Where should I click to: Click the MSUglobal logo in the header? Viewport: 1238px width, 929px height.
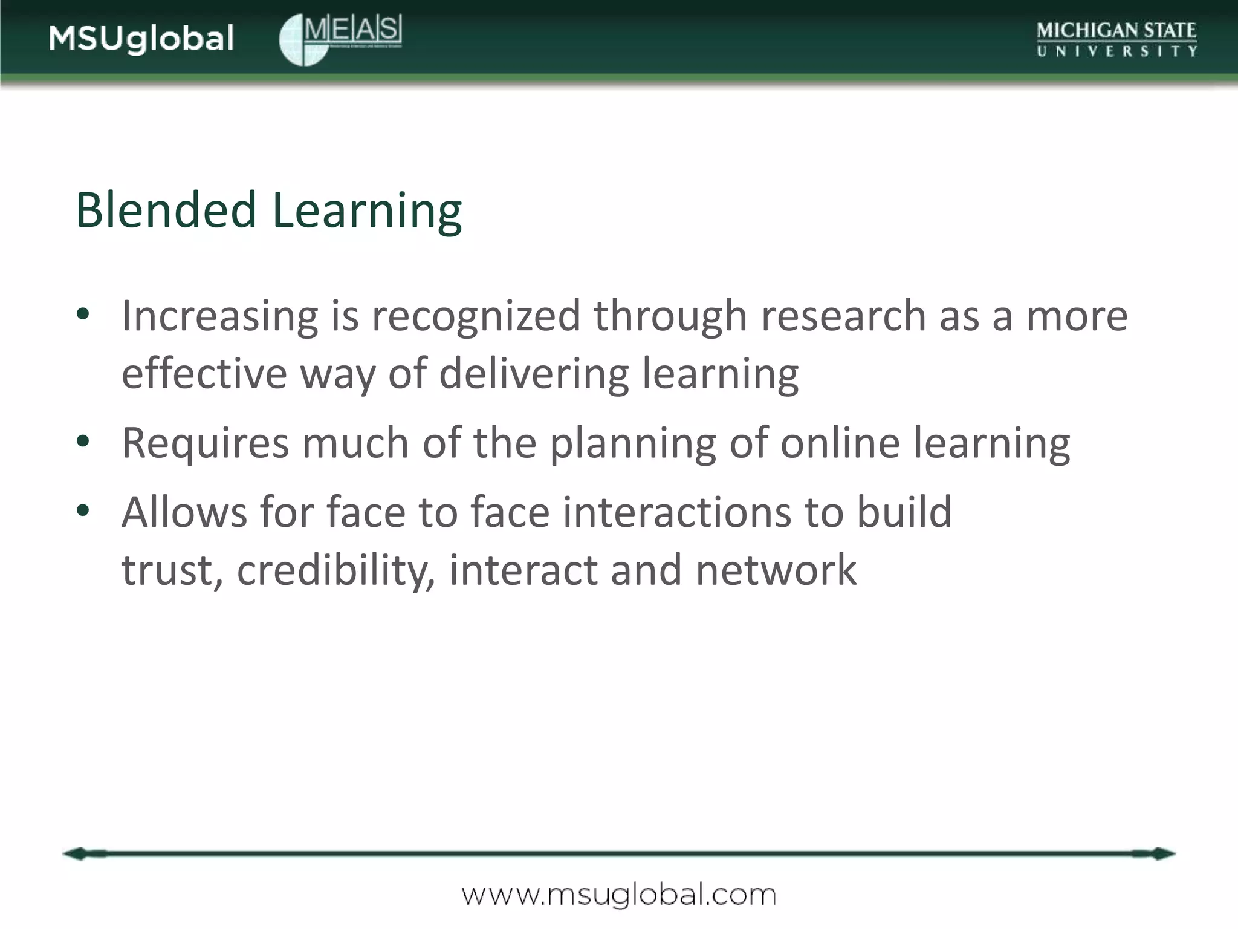(141, 39)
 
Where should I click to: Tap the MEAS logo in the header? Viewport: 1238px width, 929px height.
(340, 39)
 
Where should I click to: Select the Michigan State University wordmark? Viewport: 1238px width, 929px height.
(1116, 39)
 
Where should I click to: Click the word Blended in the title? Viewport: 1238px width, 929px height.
(166, 210)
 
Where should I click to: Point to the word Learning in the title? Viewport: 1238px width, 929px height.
(367, 212)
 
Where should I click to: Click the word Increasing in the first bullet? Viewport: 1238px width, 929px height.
(219, 316)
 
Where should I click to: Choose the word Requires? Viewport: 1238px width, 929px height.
(206, 443)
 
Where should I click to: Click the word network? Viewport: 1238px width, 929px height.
(776, 570)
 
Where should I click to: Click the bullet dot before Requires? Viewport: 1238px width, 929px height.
(83, 442)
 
